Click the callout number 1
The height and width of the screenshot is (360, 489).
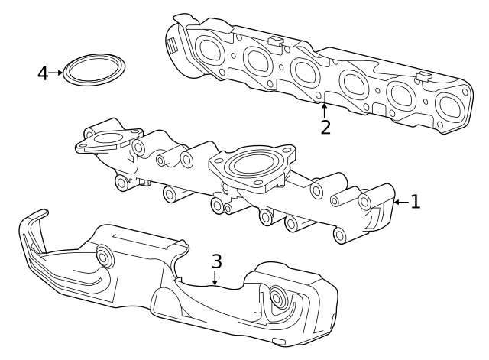[x=415, y=202]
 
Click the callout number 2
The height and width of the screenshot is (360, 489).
[x=325, y=127]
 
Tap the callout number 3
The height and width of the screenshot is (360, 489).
[x=217, y=261]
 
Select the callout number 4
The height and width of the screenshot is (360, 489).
[x=43, y=73]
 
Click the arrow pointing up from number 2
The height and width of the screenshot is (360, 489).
[x=325, y=109]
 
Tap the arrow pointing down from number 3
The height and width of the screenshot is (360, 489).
[x=216, y=280]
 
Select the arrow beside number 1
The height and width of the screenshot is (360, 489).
[x=399, y=203]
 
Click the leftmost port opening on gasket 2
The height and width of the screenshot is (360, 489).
[x=209, y=49]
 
